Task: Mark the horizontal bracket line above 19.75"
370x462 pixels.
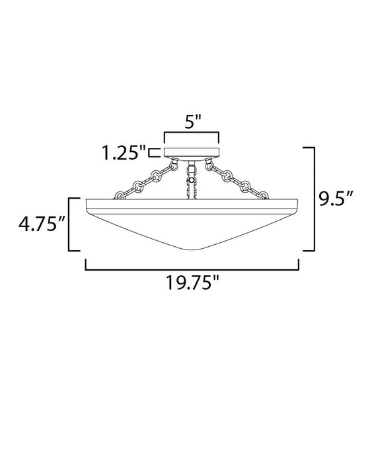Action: tap(192, 268)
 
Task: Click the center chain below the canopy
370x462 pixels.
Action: tap(193, 180)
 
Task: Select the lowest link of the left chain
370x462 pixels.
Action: tap(121, 195)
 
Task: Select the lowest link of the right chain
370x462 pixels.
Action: tap(265, 195)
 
